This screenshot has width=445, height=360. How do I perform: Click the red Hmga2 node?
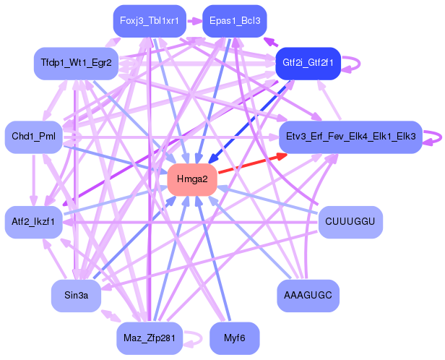[x=192, y=179]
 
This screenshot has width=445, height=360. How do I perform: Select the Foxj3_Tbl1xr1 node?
[x=150, y=20]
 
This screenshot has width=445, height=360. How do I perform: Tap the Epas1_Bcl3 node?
[x=235, y=20]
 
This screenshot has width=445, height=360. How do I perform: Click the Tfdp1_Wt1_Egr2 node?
[x=76, y=63]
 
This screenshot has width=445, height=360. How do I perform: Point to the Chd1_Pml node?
[x=34, y=136]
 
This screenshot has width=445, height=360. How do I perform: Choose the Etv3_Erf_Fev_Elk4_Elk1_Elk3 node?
[x=350, y=136]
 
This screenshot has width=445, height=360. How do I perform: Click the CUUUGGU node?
[x=350, y=222]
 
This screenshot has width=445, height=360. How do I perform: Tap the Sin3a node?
[x=76, y=295]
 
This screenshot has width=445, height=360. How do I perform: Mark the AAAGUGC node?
[x=308, y=295]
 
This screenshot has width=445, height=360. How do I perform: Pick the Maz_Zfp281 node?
[x=150, y=338]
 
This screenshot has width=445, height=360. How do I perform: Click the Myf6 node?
[x=235, y=338]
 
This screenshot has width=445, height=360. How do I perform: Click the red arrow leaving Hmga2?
[x=249, y=163]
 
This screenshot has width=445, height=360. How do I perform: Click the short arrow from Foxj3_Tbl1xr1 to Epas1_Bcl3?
[x=194, y=20]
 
